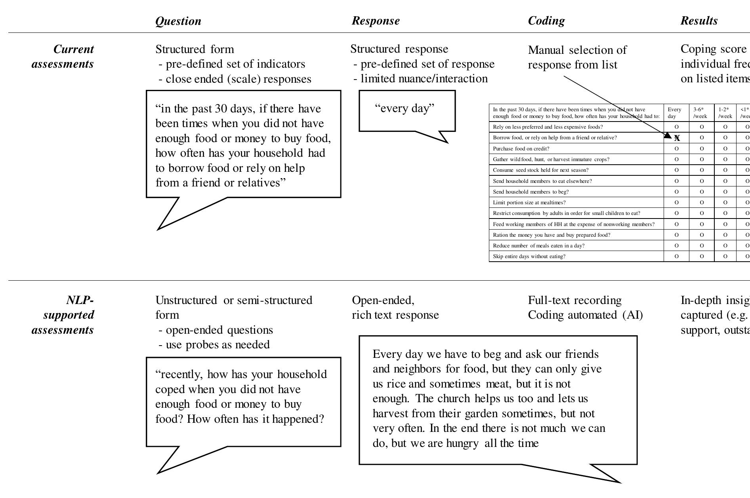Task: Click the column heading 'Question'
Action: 178,21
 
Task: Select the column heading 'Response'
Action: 376,21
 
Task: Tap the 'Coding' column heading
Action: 546,21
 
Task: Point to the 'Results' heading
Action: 699,21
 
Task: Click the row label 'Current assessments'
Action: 63,57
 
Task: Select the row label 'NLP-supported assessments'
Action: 63,315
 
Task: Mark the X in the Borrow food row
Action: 677,138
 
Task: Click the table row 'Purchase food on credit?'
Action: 521,149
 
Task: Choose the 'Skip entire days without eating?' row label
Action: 529,257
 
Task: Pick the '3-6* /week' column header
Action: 701,113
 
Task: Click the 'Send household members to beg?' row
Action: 531,192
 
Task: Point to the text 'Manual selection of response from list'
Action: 577,57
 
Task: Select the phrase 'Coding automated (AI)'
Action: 585,315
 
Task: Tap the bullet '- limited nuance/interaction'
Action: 421,79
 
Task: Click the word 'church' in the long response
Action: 455,399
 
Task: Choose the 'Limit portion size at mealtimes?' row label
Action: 529,203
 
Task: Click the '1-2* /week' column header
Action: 725,113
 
